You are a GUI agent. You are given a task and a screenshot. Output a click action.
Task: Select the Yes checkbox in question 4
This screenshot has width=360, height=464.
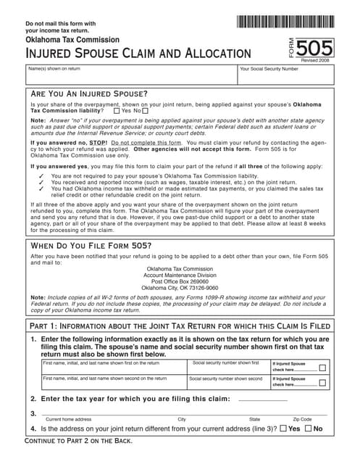coord(283,428)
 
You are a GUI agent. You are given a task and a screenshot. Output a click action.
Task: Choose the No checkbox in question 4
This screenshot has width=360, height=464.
coord(309,428)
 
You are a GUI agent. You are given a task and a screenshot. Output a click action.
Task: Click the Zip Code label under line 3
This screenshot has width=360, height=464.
coord(302,419)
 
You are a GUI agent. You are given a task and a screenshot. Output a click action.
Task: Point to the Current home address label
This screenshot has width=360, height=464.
coord(68,419)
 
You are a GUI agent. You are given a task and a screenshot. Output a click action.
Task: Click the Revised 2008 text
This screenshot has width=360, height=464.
coord(314,62)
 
